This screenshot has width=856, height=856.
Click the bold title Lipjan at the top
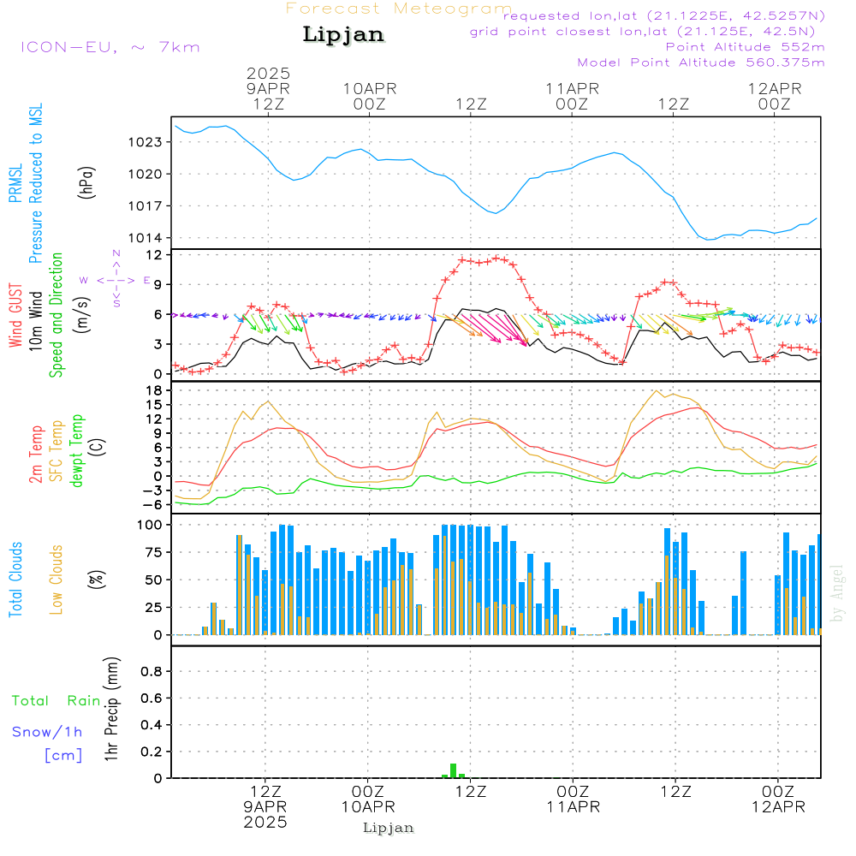pyautogui.click(x=343, y=35)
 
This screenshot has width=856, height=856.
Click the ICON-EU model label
pyautogui.click(x=68, y=47)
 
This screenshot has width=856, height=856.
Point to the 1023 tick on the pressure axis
pyautogui.click(x=145, y=142)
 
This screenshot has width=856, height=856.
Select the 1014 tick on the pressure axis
pyautogui.click(x=145, y=238)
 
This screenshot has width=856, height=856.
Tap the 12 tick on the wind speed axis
pyautogui.click(x=153, y=255)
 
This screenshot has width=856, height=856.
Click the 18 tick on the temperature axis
pyautogui.click(x=154, y=390)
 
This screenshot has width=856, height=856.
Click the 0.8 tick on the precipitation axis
pyautogui.click(x=152, y=671)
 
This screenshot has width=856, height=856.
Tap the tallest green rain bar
pyautogui.click(x=453, y=771)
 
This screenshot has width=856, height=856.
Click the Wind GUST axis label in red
pyautogui.click(x=15, y=315)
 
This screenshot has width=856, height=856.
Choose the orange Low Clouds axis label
pyautogui.click(x=56, y=580)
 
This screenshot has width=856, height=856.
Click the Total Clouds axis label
pyautogui.click(x=15, y=580)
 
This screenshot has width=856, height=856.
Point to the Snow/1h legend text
pyautogui.click(x=47, y=732)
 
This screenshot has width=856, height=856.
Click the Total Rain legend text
pyautogui.click(x=56, y=701)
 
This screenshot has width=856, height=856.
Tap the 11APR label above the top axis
pyautogui.click(x=572, y=89)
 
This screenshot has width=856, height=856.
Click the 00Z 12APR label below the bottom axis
pyautogui.click(x=778, y=799)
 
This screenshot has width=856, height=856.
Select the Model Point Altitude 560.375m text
pyautogui.click(x=701, y=62)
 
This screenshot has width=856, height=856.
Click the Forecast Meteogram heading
pyautogui.click(x=399, y=9)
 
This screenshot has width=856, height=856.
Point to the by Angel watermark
pyautogui.click(x=837, y=593)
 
